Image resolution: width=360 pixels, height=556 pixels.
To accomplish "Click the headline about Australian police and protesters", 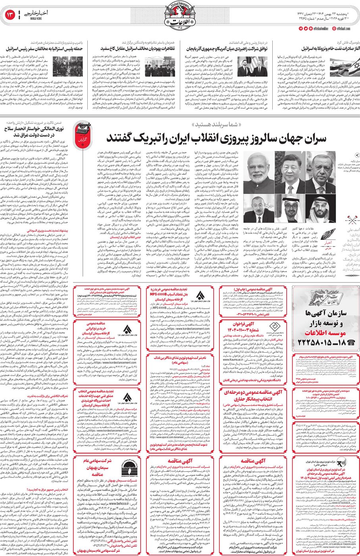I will pyautogui.click(x=44, y=49).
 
